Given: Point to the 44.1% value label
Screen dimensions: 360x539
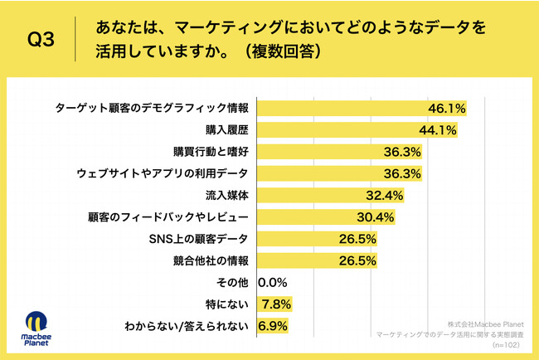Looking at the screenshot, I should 437,130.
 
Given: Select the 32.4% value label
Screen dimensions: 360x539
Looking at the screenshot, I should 384,197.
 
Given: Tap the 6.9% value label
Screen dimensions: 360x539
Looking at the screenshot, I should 273,326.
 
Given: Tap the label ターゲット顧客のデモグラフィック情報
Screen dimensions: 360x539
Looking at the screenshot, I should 152,109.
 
